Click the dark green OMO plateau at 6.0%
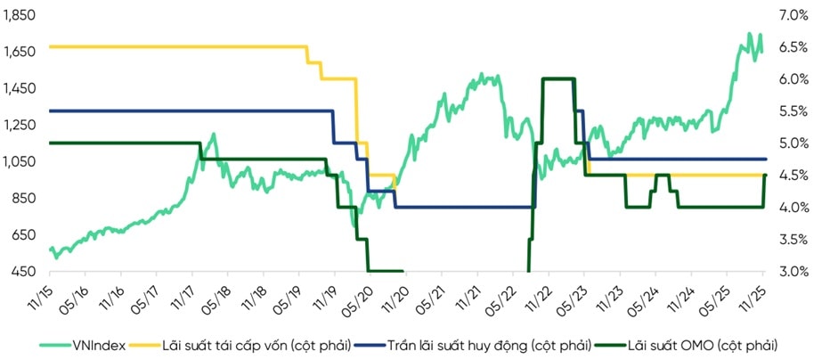pos(557,79)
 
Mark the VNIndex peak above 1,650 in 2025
pos(749,34)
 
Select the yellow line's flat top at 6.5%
pos(178,46)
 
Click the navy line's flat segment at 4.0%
pos(463,208)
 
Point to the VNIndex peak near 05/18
pos(213,135)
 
